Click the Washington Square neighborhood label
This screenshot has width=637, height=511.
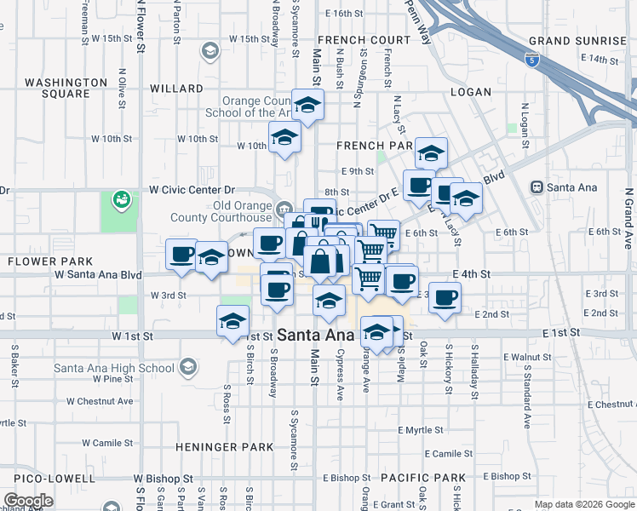(66, 88)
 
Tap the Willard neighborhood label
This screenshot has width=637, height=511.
(176, 89)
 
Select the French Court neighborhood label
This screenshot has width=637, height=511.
(364, 40)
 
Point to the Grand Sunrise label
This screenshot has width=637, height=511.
(577, 41)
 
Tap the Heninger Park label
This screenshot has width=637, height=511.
(225, 447)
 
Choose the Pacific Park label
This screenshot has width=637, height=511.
(423, 478)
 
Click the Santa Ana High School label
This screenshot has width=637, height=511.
(114, 369)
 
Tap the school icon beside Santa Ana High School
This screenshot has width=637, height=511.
(187, 369)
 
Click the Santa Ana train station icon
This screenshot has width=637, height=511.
(537, 187)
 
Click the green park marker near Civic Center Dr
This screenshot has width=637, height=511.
(121, 199)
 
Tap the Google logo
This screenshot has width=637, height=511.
(28, 501)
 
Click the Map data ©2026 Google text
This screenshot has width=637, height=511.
(584, 504)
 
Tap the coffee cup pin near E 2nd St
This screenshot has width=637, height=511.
(445, 298)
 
